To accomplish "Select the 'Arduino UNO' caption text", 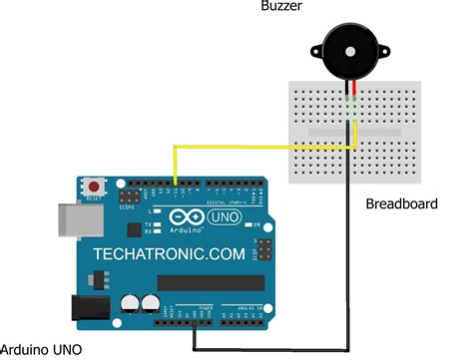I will click(43, 349).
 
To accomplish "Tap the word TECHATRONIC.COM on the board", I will click(169, 255).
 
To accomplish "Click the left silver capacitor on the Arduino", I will click(130, 302).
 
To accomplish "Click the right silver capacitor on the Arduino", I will click(151, 302).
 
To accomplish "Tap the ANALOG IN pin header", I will click(240, 317).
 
